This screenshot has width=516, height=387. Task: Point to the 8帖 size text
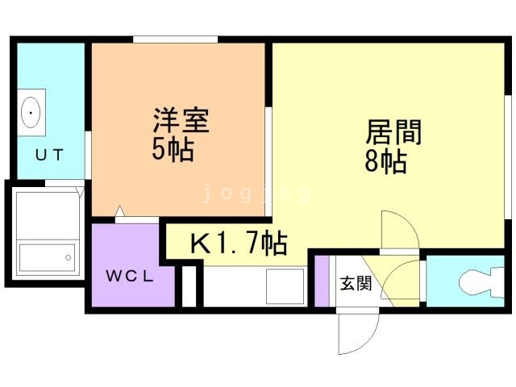385,160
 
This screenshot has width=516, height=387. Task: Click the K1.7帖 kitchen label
238,242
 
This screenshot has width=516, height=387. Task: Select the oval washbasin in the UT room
31,112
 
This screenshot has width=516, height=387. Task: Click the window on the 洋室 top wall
175,40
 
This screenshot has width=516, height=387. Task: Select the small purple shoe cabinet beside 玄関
322,281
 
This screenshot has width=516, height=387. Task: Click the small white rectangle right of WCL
189,285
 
